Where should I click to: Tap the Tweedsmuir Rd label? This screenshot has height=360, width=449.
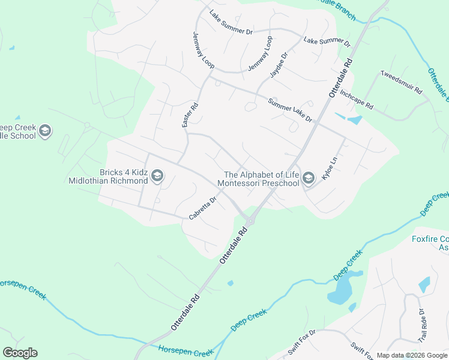point(402,82)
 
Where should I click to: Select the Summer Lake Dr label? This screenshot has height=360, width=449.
point(291,110)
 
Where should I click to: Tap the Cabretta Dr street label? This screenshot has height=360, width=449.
point(202,208)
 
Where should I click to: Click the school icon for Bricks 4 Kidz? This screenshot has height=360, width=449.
point(157,176)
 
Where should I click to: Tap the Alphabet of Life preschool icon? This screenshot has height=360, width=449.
point(309,178)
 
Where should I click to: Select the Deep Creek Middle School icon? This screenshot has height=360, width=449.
point(45,131)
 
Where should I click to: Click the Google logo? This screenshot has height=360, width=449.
point(20,353)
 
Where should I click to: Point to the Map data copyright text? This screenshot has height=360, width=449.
point(412,355)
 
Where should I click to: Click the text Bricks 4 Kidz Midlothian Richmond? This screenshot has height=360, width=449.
point(108,176)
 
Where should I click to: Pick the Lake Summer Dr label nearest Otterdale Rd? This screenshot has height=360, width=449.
point(327,42)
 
